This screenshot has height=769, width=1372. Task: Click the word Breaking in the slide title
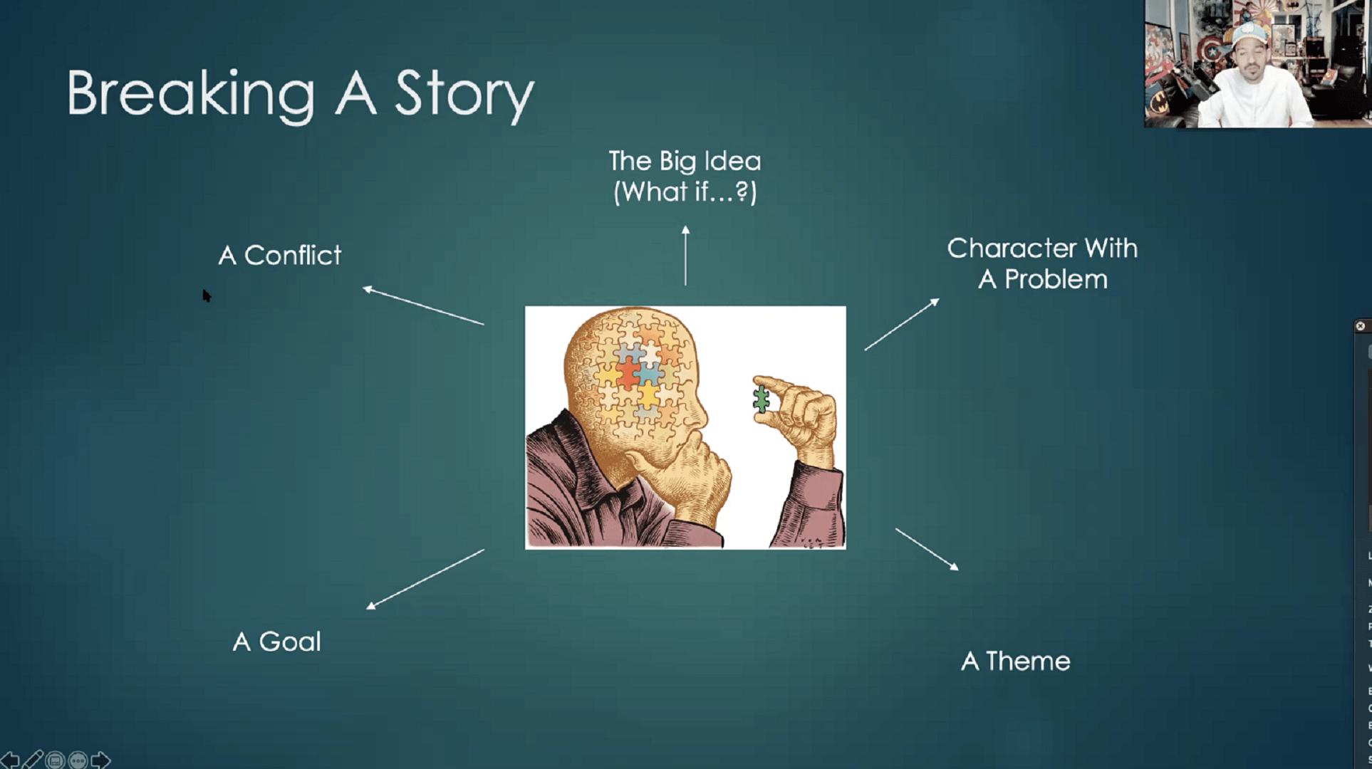coord(191,94)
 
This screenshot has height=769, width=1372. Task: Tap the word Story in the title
coord(464,94)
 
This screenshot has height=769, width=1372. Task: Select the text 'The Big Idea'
coord(685,161)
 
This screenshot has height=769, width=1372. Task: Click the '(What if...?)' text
coord(685,192)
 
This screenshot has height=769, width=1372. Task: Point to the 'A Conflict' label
coord(280,255)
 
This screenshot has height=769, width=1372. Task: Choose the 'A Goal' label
coord(277,642)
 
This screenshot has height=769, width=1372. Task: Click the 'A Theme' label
coord(1016,661)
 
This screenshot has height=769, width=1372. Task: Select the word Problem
coord(1056,279)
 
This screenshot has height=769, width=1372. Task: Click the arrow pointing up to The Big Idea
coord(685,256)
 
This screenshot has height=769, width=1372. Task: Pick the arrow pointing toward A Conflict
coord(423,305)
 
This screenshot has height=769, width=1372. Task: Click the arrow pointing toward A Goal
coord(425,579)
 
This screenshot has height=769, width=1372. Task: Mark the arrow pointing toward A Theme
coord(927,549)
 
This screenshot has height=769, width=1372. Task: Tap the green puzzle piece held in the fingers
coord(762,399)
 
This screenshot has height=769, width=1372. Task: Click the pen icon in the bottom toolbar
coord(32,760)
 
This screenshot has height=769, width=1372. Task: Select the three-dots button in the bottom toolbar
coord(78,760)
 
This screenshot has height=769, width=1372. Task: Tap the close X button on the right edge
coord(1360,326)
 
